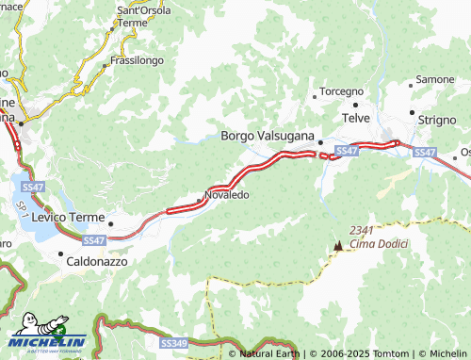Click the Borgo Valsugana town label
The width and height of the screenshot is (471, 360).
(268, 136)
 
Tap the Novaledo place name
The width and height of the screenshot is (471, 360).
(226, 195)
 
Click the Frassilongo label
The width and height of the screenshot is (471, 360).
(137, 60)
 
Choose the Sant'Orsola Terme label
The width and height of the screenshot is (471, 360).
(143, 16)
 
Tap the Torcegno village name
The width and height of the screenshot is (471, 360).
(342, 91)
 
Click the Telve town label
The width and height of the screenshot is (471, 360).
(355, 118)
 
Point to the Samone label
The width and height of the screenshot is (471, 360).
(435, 79)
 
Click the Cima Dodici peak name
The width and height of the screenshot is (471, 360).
(377, 245)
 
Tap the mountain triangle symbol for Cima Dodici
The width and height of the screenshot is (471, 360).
(337, 245)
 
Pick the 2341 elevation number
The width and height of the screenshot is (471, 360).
(363, 230)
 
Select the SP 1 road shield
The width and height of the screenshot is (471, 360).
(19, 208)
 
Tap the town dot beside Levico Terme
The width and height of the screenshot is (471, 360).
(111, 224)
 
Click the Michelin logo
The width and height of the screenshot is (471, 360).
(47, 336)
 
